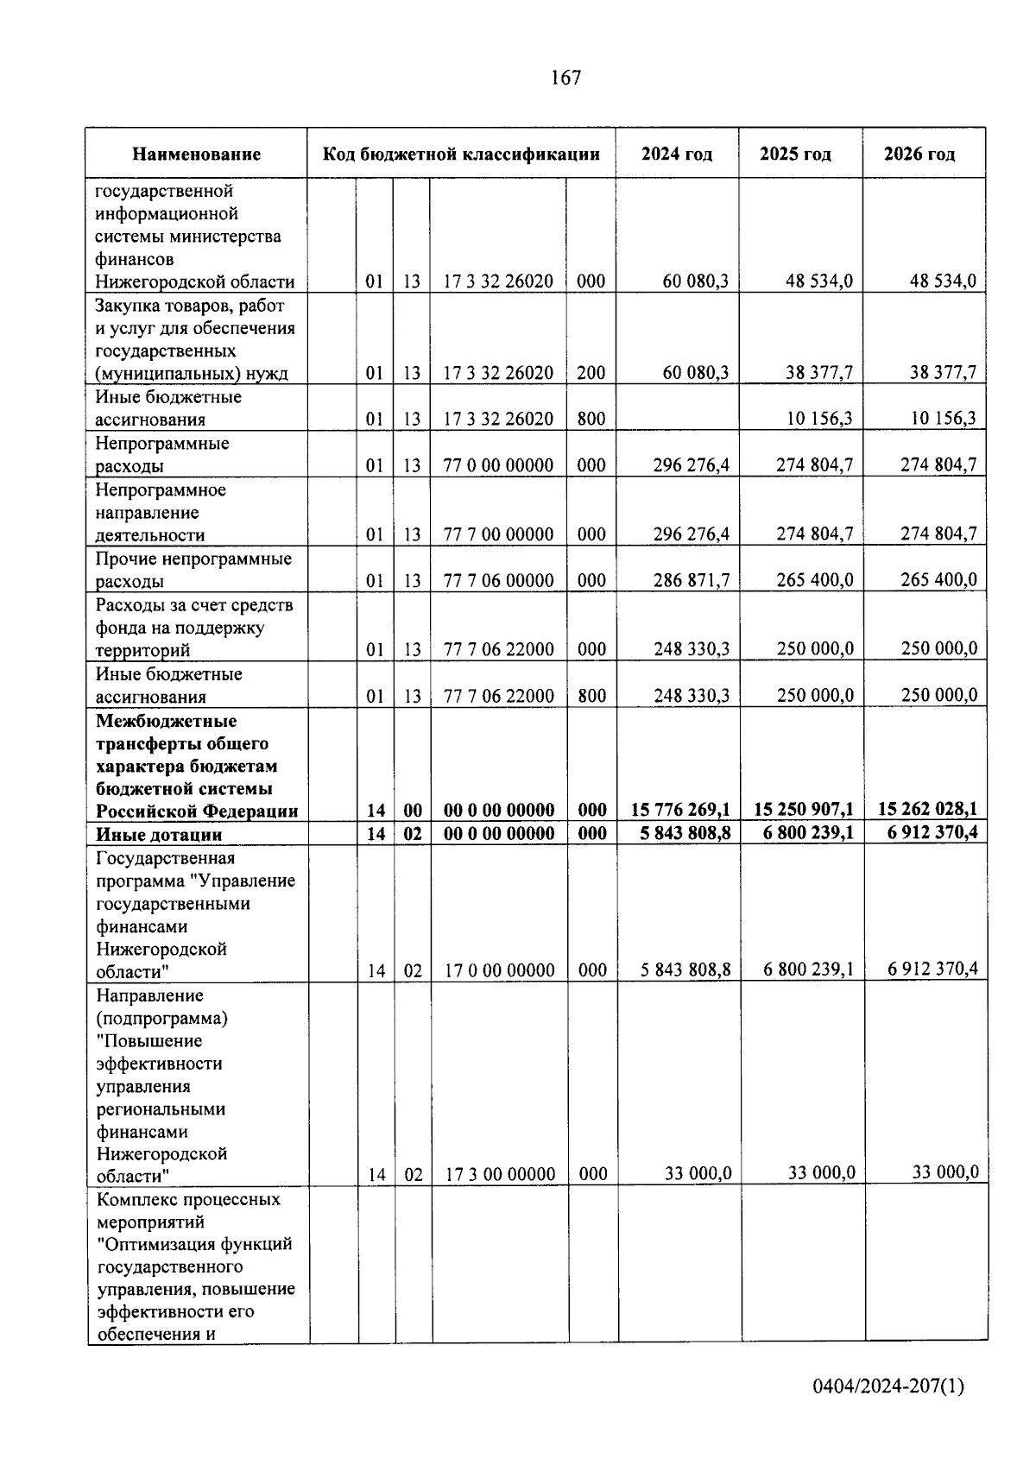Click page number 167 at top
(565, 78)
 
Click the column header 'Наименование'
(196, 155)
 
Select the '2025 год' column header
(795, 155)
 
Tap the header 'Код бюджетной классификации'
(461, 155)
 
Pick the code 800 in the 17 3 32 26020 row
(591, 420)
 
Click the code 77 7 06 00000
(498, 581)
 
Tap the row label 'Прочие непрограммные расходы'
(193, 570)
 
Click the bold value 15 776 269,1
(680, 810)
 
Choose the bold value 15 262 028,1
(927, 810)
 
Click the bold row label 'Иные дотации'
(159, 835)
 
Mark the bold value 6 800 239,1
(804, 833)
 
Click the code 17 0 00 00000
(499, 971)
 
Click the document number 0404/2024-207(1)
(888, 1386)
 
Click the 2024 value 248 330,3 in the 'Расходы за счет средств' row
(691, 649)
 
